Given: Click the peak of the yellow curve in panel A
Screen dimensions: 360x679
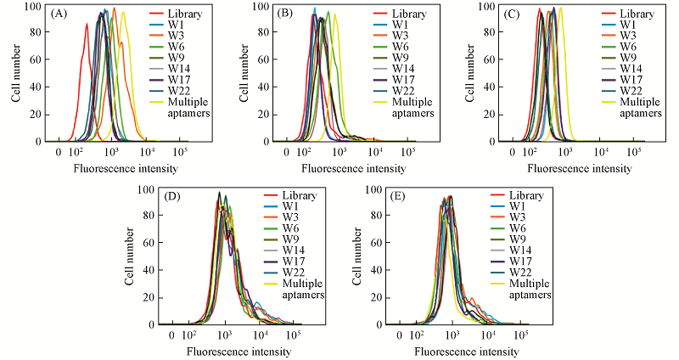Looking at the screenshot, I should [x=123, y=13].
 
